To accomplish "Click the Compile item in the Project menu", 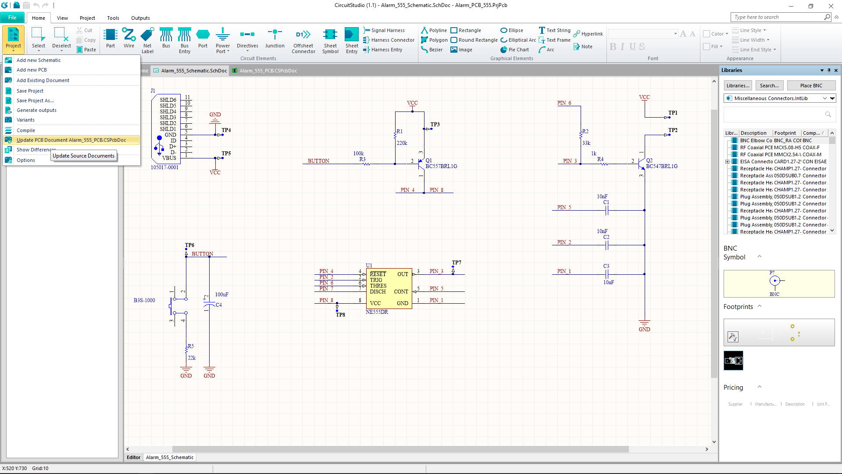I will [x=26, y=130].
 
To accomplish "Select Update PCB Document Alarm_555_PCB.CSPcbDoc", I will [x=71, y=140].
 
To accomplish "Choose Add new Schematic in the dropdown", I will [x=39, y=60].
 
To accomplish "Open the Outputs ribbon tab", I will [x=140, y=18].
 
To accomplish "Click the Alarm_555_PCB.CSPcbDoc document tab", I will [x=268, y=71].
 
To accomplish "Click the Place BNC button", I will [x=811, y=86].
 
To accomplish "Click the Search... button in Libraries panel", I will [x=769, y=86].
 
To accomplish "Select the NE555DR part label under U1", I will [x=377, y=312].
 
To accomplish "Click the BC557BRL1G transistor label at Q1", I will [x=441, y=166].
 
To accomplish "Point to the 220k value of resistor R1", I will [x=402, y=143].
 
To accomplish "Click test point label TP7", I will [x=457, y=262].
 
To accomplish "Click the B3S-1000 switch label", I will [x=144, y=301].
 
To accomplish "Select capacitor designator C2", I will [x=606, y=237].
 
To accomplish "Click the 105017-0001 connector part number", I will [x=164, y=167].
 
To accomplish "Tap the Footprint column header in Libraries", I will [x=785, y=133].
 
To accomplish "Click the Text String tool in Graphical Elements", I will [x=555, y=30].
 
